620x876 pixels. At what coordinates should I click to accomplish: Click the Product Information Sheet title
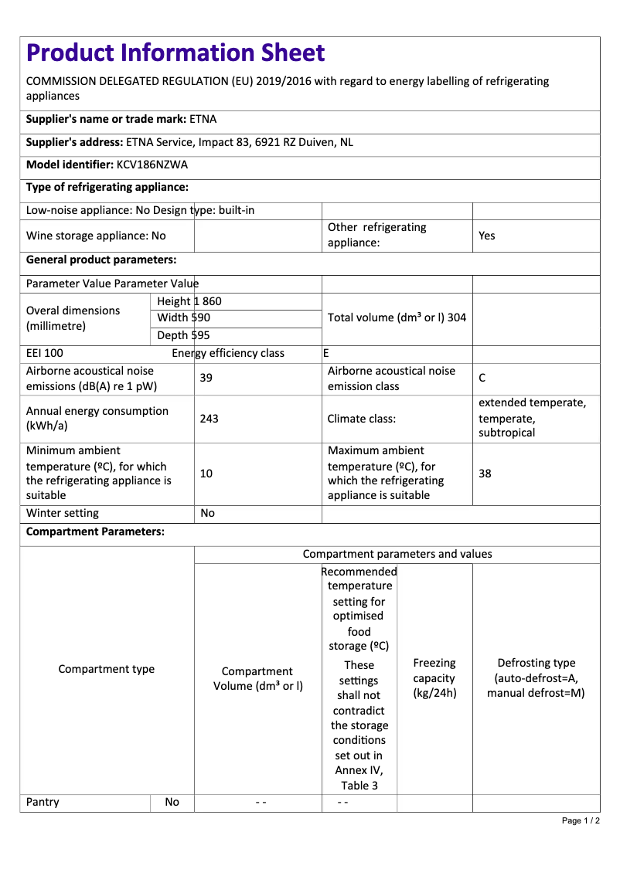(175, 53)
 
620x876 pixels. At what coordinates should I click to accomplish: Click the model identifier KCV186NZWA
(152, 165)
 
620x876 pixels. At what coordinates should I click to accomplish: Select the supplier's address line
(189, 142)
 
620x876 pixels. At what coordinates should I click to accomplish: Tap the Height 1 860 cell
(189, 301)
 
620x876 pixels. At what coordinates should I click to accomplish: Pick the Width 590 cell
(184, 317)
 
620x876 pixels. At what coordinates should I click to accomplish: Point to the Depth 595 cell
(184, 335)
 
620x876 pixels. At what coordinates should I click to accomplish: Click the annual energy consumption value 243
(209, 419)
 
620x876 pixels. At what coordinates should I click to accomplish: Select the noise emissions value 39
(206, 378)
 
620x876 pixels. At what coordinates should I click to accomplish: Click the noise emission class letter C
(482, 378)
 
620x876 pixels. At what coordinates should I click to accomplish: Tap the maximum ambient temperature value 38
(485, 473)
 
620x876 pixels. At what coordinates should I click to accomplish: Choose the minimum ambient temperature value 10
(206, 473)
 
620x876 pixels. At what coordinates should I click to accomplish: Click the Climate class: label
(362, 419)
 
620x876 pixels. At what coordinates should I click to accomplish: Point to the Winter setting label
(63, 513)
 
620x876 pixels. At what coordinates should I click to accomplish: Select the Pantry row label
(43, 802)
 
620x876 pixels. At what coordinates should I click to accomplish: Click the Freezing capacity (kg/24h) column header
(434, 677)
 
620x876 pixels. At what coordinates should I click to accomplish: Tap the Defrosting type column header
(536, 677)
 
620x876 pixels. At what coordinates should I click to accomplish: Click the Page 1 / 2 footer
(581, 820)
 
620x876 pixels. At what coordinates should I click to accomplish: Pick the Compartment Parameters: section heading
(95, 531)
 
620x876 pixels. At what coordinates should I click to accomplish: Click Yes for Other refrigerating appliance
(487, 236)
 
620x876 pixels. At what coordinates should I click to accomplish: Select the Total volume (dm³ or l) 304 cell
(397, 317)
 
